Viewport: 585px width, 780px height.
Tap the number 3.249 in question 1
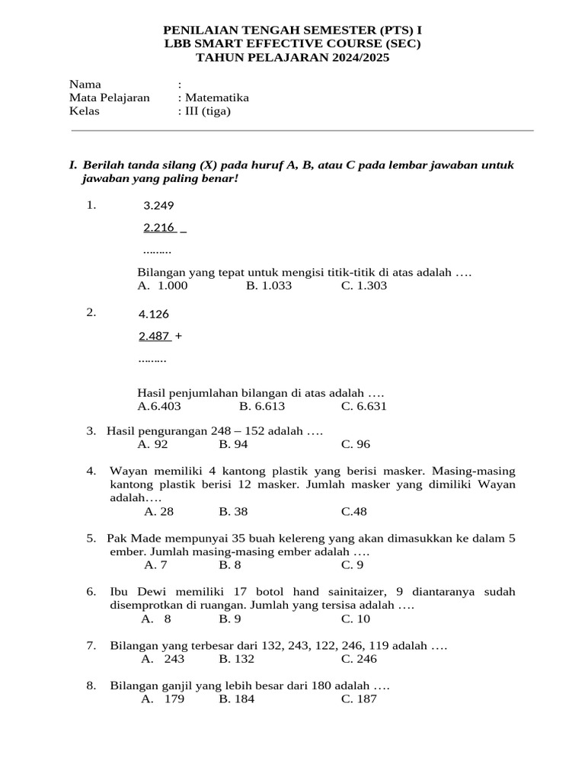click(x=158, y=205)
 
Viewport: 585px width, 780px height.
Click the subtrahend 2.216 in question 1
click(x=159, y=227)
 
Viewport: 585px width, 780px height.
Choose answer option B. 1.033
click(x=269, y=286)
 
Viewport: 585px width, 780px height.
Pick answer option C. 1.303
click(x=364, y=286)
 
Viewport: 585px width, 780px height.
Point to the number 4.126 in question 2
click(x=154, y=314)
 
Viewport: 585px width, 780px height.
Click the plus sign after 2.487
click(x=178, y=336)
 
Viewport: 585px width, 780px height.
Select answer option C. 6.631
click(x=364, y=406)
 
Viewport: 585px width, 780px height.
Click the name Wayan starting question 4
click(x=129, y=470)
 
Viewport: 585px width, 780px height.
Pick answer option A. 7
click(x=155, y=564)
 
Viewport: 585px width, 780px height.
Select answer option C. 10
click(x=356, y=619)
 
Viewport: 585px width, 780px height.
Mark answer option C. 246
click(x=359, y=659)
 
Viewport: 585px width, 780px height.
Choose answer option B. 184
click(x=236, y=698)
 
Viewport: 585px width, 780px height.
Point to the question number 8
click(x=91, y=686)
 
